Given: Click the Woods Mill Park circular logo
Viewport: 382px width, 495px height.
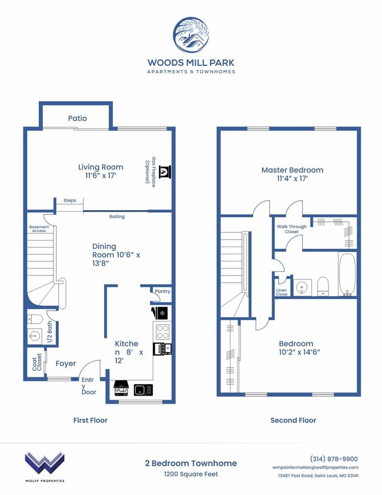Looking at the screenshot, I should click(x=190, y=35).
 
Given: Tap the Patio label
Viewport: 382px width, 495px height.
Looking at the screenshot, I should click(x=77, y=118).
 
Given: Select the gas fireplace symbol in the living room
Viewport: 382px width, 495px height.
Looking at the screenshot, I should click(x=165, y=171).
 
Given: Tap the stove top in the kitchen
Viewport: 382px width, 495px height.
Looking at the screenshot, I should click(x=162, y=330).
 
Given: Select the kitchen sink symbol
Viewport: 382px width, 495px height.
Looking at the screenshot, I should click(x=143, y=390).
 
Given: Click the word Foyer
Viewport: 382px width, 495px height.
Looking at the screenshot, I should click(x=66, y=364).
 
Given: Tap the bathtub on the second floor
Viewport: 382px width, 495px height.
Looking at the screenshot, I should click(x=347, y=274).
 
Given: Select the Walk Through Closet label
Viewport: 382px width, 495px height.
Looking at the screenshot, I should click(x=288, y=229).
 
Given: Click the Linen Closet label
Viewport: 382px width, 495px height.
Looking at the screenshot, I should click(x=282, y=292).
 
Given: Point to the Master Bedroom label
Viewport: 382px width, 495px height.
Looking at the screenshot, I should click(x=292, y=170).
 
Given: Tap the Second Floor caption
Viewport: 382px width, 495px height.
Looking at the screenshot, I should click(x=293, y=420).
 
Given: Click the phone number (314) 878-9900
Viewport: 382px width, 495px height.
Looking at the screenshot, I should click(x=333, y=459).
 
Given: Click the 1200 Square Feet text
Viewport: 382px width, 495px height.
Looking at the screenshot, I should click(x=190, y=474).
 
